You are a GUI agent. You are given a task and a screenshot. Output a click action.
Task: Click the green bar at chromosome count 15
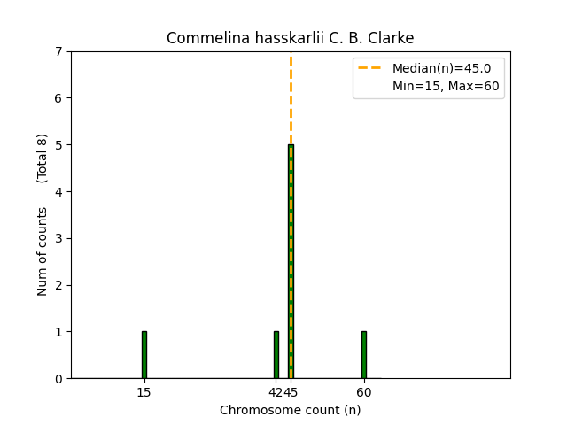click(x=144, y=355)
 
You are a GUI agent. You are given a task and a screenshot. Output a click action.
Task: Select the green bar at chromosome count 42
click(x=276, y=355)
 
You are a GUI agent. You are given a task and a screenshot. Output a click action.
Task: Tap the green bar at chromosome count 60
click(x=363, y=355)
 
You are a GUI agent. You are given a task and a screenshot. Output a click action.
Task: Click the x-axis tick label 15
click(x=144, y=392)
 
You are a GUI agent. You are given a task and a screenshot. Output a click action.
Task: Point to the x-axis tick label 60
click(x=363, y=392)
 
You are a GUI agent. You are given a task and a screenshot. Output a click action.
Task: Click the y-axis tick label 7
click(x=58, y=51)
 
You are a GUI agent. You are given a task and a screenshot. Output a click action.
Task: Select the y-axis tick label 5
click(x=58, y=145)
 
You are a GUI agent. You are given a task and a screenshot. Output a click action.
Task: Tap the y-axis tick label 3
click(x=58, y=238)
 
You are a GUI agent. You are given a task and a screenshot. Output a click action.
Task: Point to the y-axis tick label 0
click(x=58, y=379)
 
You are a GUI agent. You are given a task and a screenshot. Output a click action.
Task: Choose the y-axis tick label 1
click(x=58, y=332)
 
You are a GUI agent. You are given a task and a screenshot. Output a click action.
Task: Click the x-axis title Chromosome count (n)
click(x=291, y=410)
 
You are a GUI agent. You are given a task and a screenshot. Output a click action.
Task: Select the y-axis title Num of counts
click(x=43, y=251)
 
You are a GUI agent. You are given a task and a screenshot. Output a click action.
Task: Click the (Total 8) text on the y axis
click(x=43, y=158)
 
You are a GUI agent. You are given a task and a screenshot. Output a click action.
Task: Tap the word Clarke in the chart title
click(x=392, y=38)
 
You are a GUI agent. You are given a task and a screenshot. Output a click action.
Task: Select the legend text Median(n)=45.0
click(x=436, y=68)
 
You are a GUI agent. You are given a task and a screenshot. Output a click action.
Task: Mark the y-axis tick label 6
click(x=58, y=98)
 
